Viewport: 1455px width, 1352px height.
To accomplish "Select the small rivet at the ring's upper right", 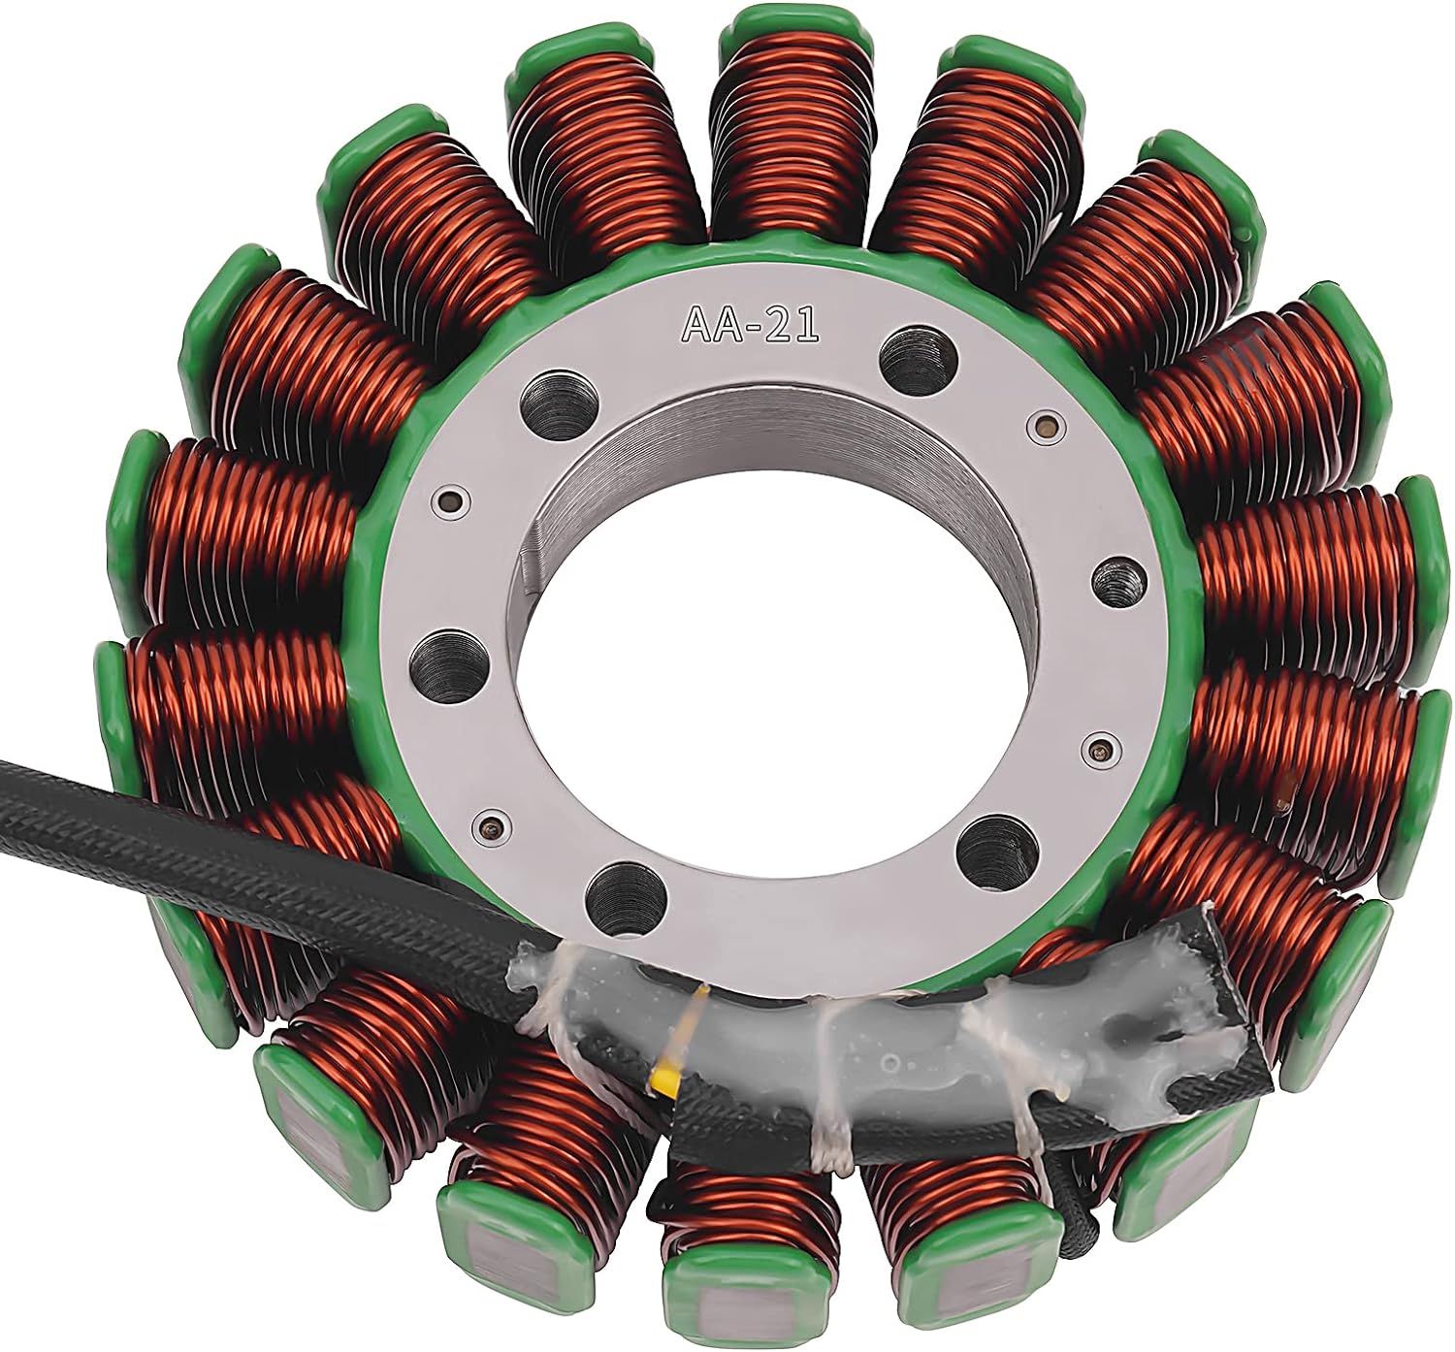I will [x=1043, y=423].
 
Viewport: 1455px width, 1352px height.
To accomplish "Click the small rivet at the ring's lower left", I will [x=488, y=827].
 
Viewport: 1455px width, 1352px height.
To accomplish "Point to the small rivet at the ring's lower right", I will [x=1097, y=748].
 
